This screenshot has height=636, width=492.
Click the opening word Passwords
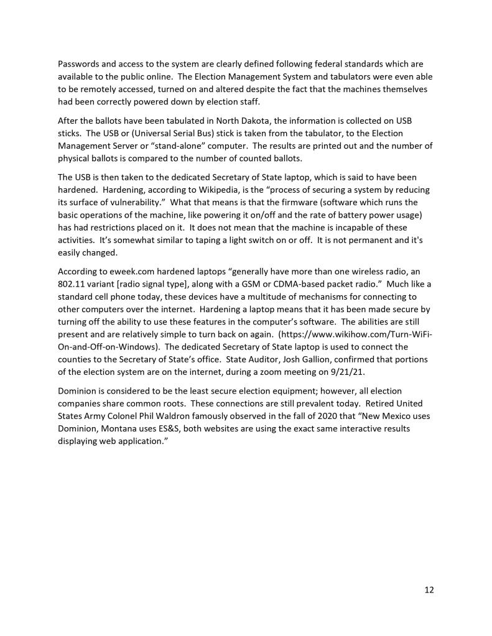[x=78, y=63]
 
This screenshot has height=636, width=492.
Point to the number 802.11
[x=72, y=284]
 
